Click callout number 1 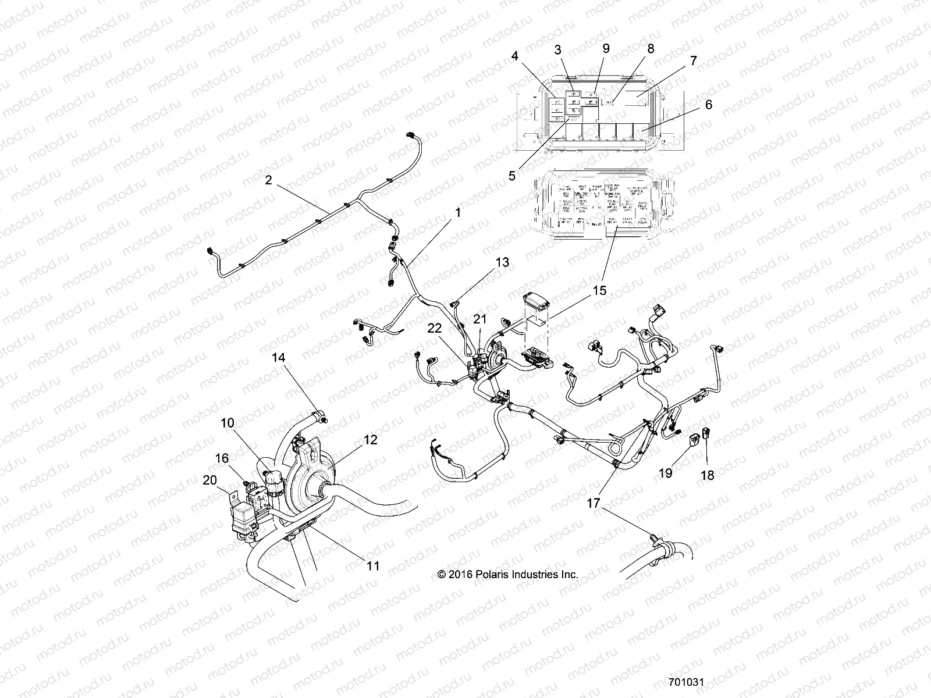pyautogui.click(x=458, y=213)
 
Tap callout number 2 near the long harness pyautogui.click(x=268, y=180)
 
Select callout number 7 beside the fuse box pyautogui.click(x=692, y=60)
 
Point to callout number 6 pyautogui.click(x=708, y=105)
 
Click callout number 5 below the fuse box pyautogui.click(x=512, y=176)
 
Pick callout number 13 pyautogui.click(x=502, y=262)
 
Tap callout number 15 pyautogui.click(x=599, y=290)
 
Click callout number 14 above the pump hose pyautogui.click(x=279, y=357)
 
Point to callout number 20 pyautogui.click(x=209, y=480)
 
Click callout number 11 pyautogui.click(x=373, y=565)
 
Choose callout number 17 pyautogui.click(x=593, y=503)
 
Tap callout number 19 pyautogui.click(x=665, y=473)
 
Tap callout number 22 pyautogui.click(x=435, y=329)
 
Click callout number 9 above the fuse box pyautogui.click(x=606, y=48)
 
